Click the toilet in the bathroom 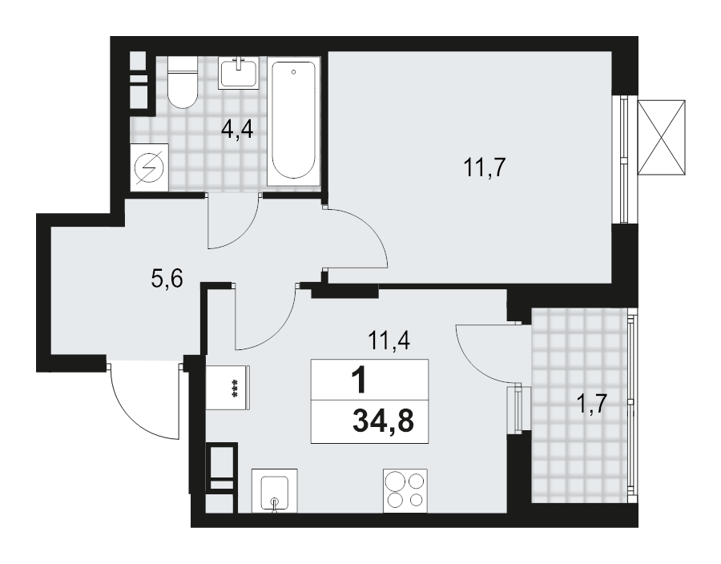coord(183,83)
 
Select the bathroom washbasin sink coord(239,74)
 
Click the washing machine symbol coord(151,167)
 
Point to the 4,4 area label coord(237,128)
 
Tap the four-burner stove coord(405,490)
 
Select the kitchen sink coord(274,489)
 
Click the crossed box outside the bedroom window coord(662,135)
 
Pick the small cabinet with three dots coord(229,387)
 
